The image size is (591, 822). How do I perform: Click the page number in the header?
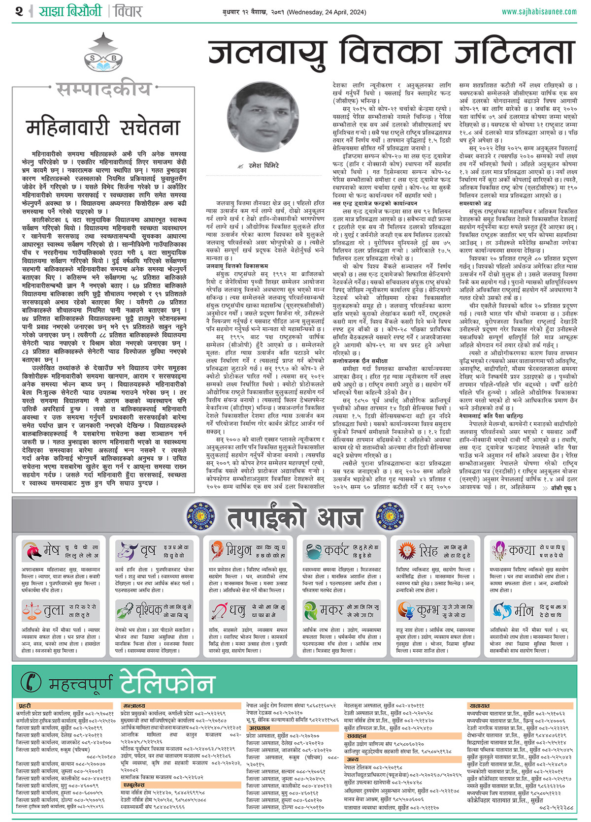point(19,11)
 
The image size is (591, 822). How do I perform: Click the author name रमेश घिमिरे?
point(263,166)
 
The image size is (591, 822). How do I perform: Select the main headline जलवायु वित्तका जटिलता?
point(392,53)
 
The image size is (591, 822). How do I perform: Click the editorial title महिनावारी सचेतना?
point(103,127)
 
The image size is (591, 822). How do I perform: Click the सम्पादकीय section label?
point(103,89)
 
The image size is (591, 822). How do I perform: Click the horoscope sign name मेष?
point(51,550)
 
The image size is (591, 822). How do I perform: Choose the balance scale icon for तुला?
point(32,611)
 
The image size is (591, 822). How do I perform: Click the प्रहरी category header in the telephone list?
point(25,706)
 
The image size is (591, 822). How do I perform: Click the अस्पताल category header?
point(259,727)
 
